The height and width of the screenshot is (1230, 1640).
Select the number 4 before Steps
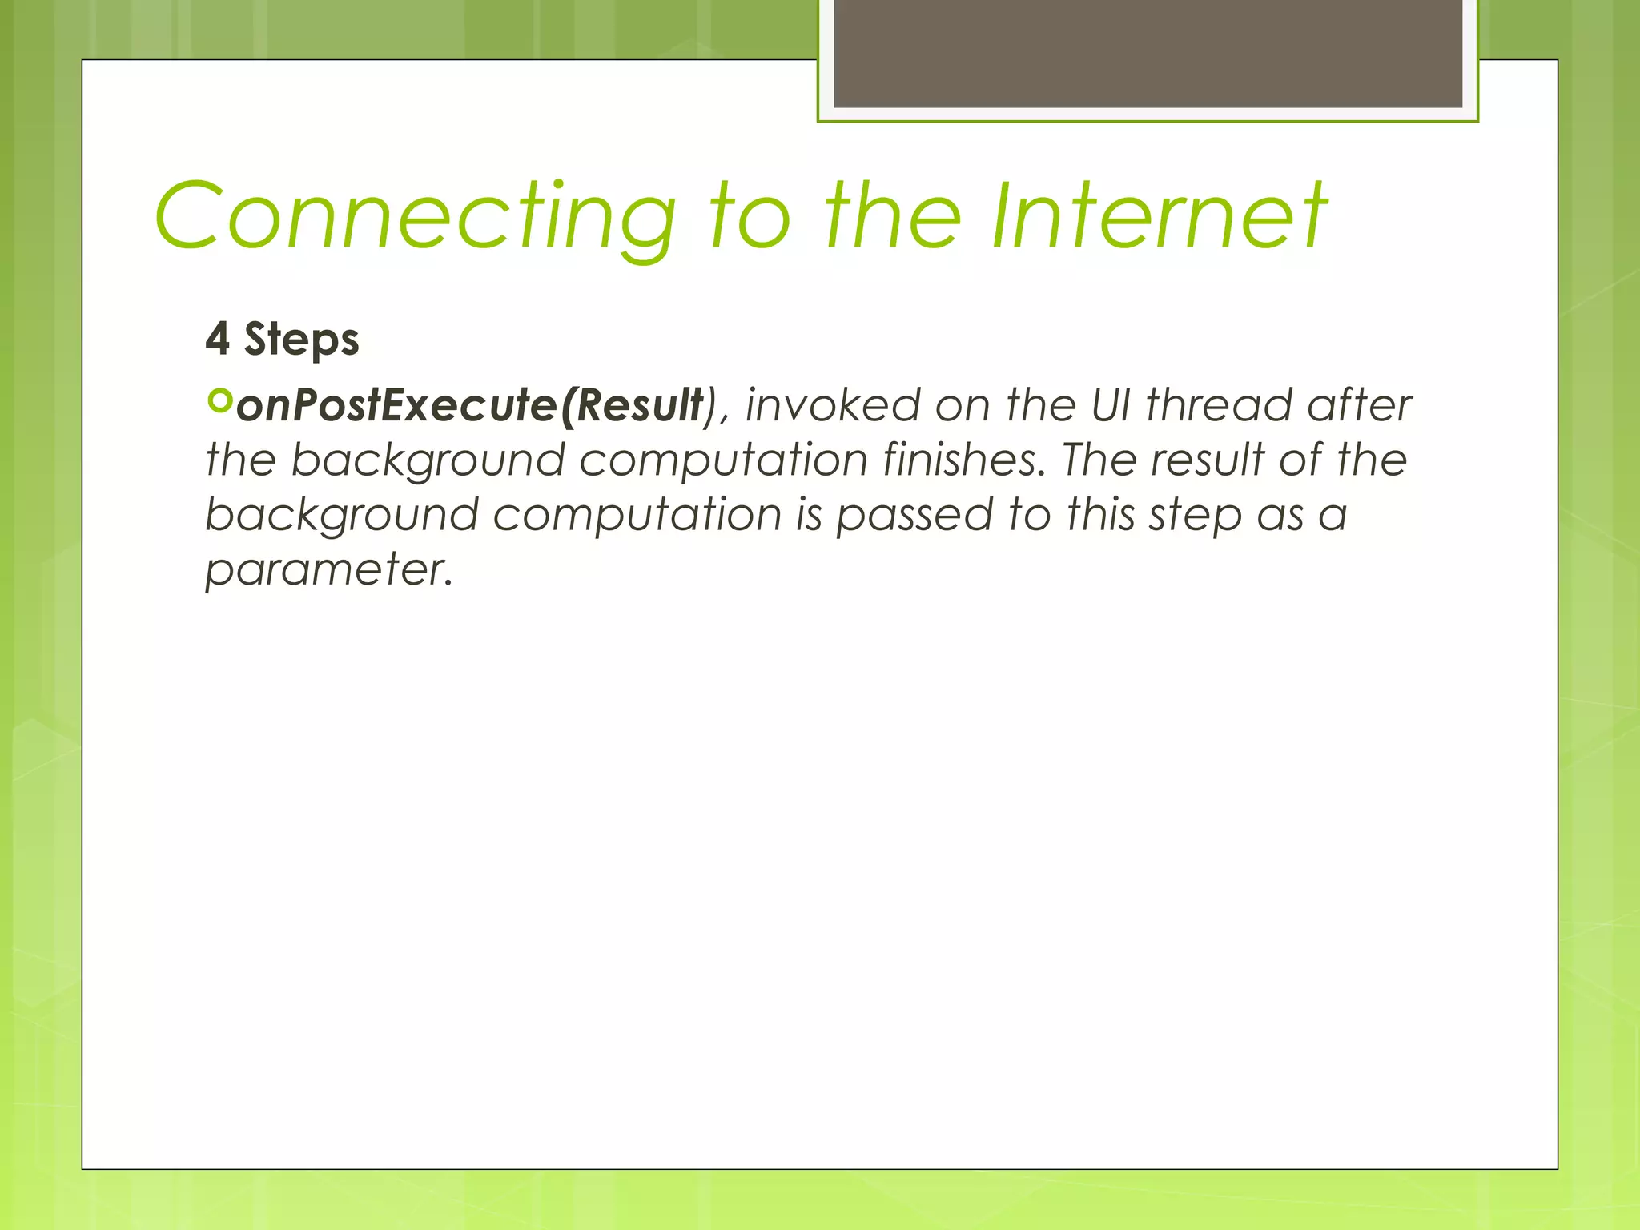click(x=217, y=339)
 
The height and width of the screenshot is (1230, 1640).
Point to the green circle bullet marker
click(x=219, y=400)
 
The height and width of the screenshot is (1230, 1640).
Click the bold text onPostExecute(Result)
click(x=470, y=405)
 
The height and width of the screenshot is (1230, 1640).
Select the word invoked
click(x=833, y=405)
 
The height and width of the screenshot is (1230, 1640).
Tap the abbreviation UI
click(x=1111, y=405)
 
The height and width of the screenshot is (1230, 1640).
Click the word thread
click(x=1219, y=405)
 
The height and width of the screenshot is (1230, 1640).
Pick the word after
click(x=1359, y=405)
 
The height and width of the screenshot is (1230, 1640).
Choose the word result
click(x=1208, y=460)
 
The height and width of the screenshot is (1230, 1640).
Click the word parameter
click(x=328, y=570)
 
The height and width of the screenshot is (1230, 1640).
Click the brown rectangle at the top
click(x=1148, y=53)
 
